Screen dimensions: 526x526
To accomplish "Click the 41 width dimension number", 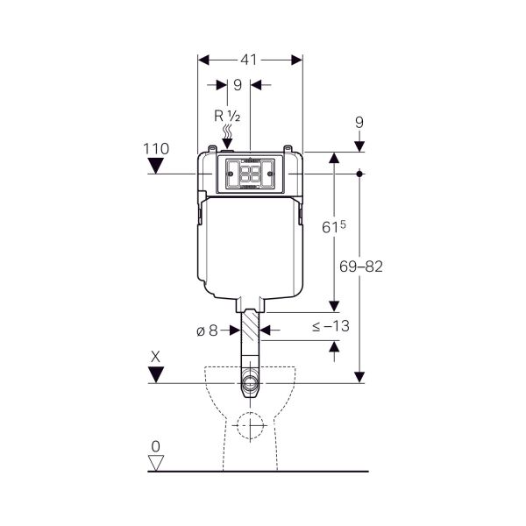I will coord(250,60).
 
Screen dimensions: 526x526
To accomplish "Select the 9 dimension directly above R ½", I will coord(238,86).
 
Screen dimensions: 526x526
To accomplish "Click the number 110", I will coord(156,149).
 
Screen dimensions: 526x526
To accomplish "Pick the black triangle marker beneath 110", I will coord(157,166).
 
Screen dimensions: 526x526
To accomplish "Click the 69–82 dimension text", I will coord(359,267).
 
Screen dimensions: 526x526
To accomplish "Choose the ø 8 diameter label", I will coord(207,331).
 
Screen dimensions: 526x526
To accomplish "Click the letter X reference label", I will coord(156,357).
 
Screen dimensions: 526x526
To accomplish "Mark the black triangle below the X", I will coord(157,374).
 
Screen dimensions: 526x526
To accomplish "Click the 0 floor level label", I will coord(156,445).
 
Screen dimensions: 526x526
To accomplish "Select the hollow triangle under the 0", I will coord(157,463).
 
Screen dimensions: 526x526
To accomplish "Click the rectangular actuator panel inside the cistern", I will coord(251,174).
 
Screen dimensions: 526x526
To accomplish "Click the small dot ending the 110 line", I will coord(360,174).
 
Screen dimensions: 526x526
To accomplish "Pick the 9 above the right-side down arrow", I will coord(359,124).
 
